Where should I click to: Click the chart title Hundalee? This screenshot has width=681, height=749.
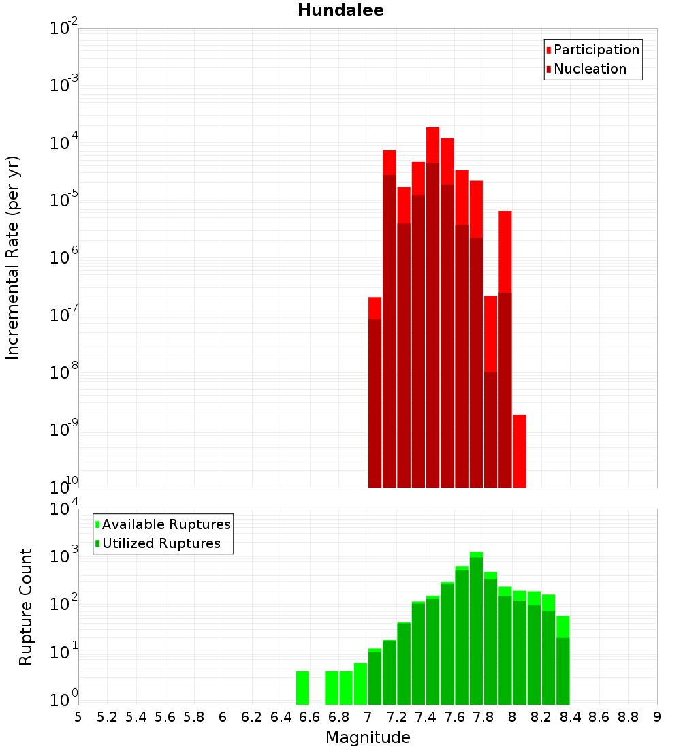(340, 10)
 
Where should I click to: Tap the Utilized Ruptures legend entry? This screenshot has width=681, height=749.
(161, 543)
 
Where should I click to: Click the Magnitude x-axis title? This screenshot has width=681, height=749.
(368, 737)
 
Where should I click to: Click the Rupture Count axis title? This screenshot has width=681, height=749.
(26, 606)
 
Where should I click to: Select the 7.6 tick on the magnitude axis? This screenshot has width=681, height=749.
(454, 717)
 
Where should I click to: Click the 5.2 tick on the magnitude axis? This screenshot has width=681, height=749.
(107, 717)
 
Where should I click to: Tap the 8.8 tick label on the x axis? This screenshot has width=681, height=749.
(628, 717)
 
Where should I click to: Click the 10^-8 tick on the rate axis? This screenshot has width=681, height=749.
(64, 372)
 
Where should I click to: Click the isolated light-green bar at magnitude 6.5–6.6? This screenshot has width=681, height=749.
(302, 688)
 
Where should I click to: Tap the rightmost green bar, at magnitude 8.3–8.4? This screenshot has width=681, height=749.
(563, 660)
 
